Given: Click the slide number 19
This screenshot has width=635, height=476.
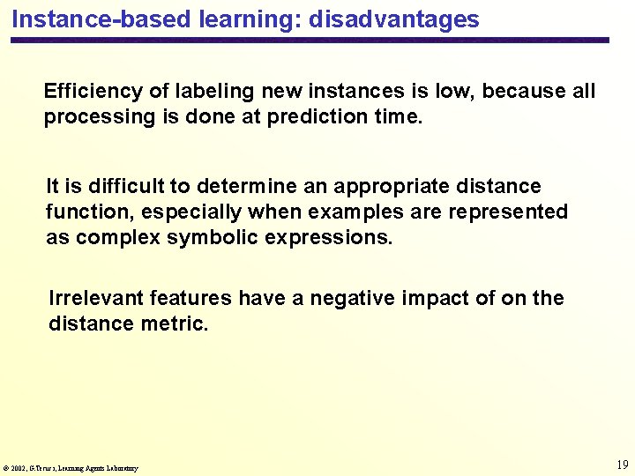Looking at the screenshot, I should pyautogui.click(x=622, y=465).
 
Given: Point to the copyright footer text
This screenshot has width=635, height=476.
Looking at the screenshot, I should pyautogui.click(x=71, y=468).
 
